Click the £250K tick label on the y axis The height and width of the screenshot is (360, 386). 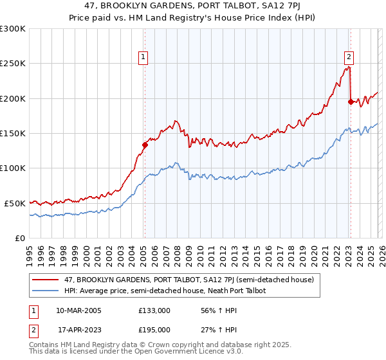tap(13, 64)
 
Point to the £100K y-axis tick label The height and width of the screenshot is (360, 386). tap(13, 168)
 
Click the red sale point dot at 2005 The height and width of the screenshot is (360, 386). tap(145, 145)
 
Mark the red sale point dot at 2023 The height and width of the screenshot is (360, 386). tap(351, 102)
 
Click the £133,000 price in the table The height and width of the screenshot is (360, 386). tap(154, 310)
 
